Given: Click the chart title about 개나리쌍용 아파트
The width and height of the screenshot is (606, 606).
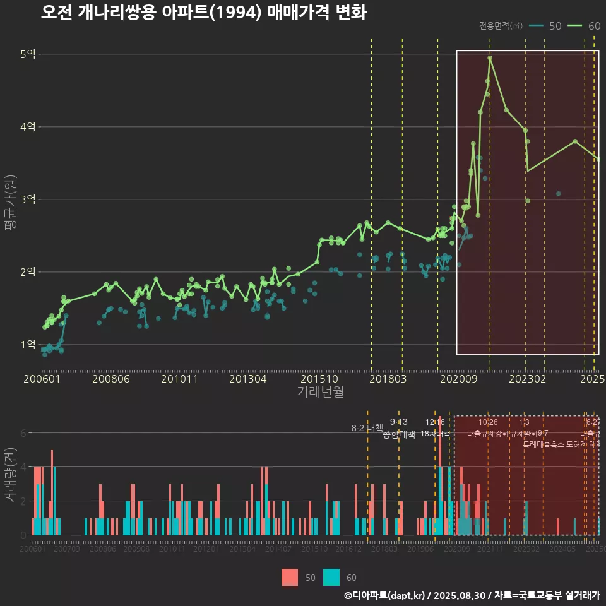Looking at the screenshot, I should [203, 13].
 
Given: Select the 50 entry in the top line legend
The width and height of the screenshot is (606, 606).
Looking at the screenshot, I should [547, 26].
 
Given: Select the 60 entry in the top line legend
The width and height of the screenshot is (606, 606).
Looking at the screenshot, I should [585, 26].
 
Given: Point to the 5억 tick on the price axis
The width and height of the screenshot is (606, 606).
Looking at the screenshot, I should [28, 54].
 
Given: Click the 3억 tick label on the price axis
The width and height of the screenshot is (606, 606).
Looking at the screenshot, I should [28, 199].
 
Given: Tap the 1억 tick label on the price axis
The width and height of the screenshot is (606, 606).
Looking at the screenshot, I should [28, 345].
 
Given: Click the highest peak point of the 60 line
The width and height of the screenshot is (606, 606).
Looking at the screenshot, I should [490, 58].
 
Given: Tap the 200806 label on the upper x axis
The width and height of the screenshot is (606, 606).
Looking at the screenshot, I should [111, 379].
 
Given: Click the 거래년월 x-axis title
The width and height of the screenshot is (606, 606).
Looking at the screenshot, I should [320, 391].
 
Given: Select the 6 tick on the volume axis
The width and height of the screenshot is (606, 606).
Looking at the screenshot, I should [23, 433].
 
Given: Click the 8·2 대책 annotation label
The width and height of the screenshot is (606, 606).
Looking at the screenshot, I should [367, 428].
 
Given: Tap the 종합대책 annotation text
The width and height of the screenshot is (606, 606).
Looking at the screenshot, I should [399, 434].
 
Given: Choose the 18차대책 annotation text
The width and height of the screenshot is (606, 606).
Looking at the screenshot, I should [435, 434].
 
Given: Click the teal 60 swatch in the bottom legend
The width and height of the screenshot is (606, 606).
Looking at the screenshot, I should [331, 577].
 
